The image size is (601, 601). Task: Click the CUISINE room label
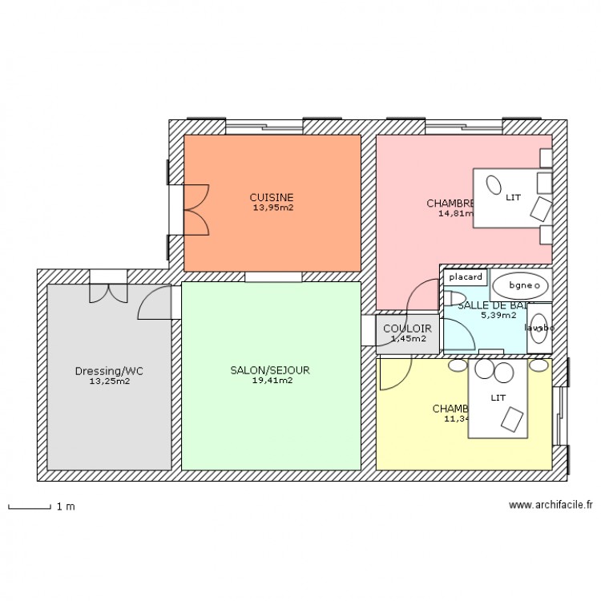(271, 197)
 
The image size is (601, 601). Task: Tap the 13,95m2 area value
(271, 208)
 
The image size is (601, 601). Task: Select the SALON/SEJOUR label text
(270, 371)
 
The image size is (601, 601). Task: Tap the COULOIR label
(407, 329)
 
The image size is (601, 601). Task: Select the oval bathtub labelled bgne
(522, 284)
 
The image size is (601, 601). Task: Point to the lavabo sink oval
(538, 328)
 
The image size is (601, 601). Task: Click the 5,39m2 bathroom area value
(498, 316)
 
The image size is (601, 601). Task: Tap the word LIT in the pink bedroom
(513, 197)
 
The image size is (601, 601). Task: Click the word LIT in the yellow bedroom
(498, 397)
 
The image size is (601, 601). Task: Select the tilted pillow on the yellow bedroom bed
(510, 417)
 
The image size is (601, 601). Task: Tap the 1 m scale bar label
(65, 507)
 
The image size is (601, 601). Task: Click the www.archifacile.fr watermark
(551, 506)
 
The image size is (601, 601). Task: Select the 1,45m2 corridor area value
(407, 339)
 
